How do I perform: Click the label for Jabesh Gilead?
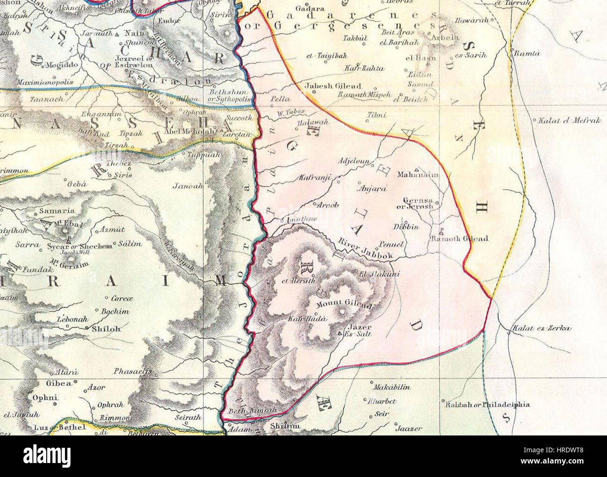pos(333,86)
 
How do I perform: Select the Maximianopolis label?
pos(45,82)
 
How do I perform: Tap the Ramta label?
pos(527,54)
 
